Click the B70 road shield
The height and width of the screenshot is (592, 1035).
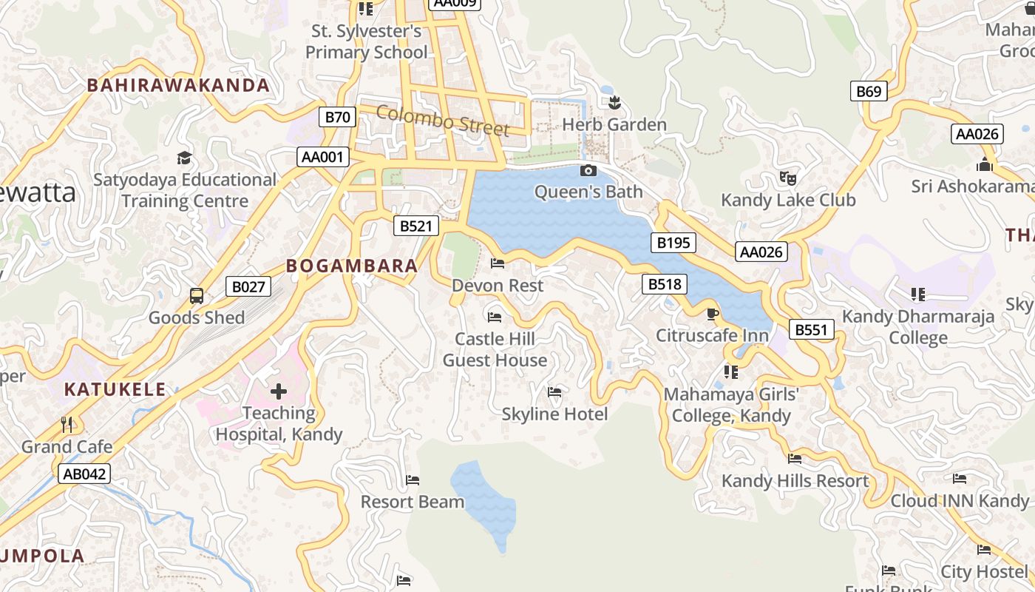tap(338, 117)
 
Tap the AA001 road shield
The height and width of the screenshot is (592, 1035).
tap(323, 157)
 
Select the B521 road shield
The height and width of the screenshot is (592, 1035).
tap(416, 226)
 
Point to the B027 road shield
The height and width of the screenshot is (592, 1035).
tap(248, 286)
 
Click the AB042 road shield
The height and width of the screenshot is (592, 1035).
tap(84, 474)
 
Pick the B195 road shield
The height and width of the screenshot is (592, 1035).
tap(673, 243)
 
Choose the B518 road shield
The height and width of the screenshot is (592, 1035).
tap(665, 284)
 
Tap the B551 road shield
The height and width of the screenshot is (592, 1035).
tap(811, 329)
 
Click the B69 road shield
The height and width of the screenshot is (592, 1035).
tap(869, 91)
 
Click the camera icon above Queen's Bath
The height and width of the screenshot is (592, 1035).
tap(588, 171)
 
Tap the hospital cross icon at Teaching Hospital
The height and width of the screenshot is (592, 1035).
tap(279, 391)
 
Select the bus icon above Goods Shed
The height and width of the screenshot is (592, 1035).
tap(197, 296)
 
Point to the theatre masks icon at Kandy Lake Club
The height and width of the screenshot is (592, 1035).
tap(788, 178)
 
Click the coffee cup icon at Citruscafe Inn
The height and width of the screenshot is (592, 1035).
tap(713, 314)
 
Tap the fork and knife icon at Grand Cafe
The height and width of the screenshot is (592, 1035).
tap(67, 425)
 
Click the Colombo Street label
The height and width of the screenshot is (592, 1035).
tap(443, 121)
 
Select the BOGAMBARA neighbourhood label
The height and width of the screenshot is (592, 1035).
tap(352, 266)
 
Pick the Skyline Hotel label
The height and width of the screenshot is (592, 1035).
tap(554, 414)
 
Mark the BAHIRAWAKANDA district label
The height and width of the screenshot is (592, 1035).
tap(178, 85)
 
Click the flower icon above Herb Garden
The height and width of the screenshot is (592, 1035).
tap(614, 103)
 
